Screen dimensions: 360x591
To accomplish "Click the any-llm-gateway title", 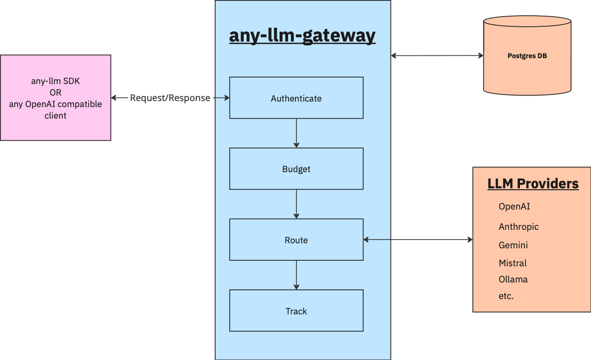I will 302,36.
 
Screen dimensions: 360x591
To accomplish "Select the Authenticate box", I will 296,98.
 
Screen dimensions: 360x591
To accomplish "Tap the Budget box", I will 296,169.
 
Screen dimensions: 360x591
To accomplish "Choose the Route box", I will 296,240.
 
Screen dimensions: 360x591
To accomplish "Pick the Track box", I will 296,311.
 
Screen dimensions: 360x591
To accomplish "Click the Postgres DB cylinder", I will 527,56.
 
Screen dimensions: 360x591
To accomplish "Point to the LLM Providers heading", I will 533,184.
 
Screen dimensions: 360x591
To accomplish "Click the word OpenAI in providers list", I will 514,206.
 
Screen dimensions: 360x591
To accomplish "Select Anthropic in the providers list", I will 519,227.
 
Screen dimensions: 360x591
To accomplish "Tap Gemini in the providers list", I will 513,245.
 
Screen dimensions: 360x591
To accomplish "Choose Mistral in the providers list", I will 513,263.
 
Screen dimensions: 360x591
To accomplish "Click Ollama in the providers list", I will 513,279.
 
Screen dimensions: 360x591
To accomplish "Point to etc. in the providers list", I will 506,296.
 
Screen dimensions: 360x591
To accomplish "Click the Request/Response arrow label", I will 170,98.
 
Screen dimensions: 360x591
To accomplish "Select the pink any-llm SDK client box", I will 55,98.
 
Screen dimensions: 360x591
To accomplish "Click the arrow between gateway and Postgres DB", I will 437,56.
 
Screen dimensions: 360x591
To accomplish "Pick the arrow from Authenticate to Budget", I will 296,133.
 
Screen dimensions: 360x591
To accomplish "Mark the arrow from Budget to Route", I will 296,204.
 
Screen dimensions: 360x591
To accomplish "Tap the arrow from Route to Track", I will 296,275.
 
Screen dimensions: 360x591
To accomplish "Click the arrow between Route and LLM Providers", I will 418,240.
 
